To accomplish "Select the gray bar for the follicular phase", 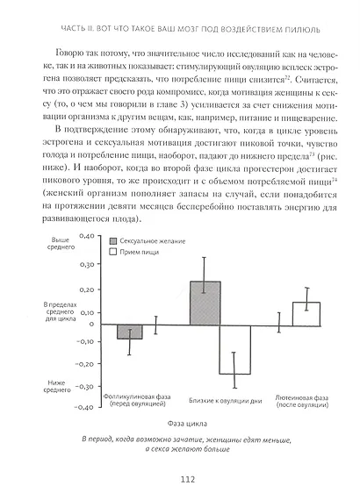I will (129, 331).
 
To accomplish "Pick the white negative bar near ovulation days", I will (234, 348).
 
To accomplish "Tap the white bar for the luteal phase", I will (306, 312).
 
